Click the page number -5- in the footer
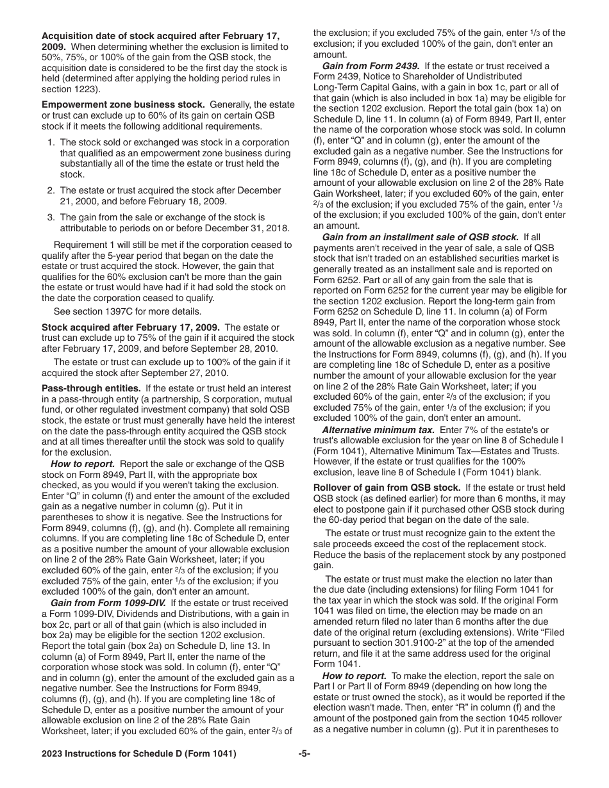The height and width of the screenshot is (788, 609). pos(304,754)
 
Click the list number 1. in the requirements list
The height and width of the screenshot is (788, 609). pos(51,143)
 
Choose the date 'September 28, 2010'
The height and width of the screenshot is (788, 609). pos(237,349)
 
